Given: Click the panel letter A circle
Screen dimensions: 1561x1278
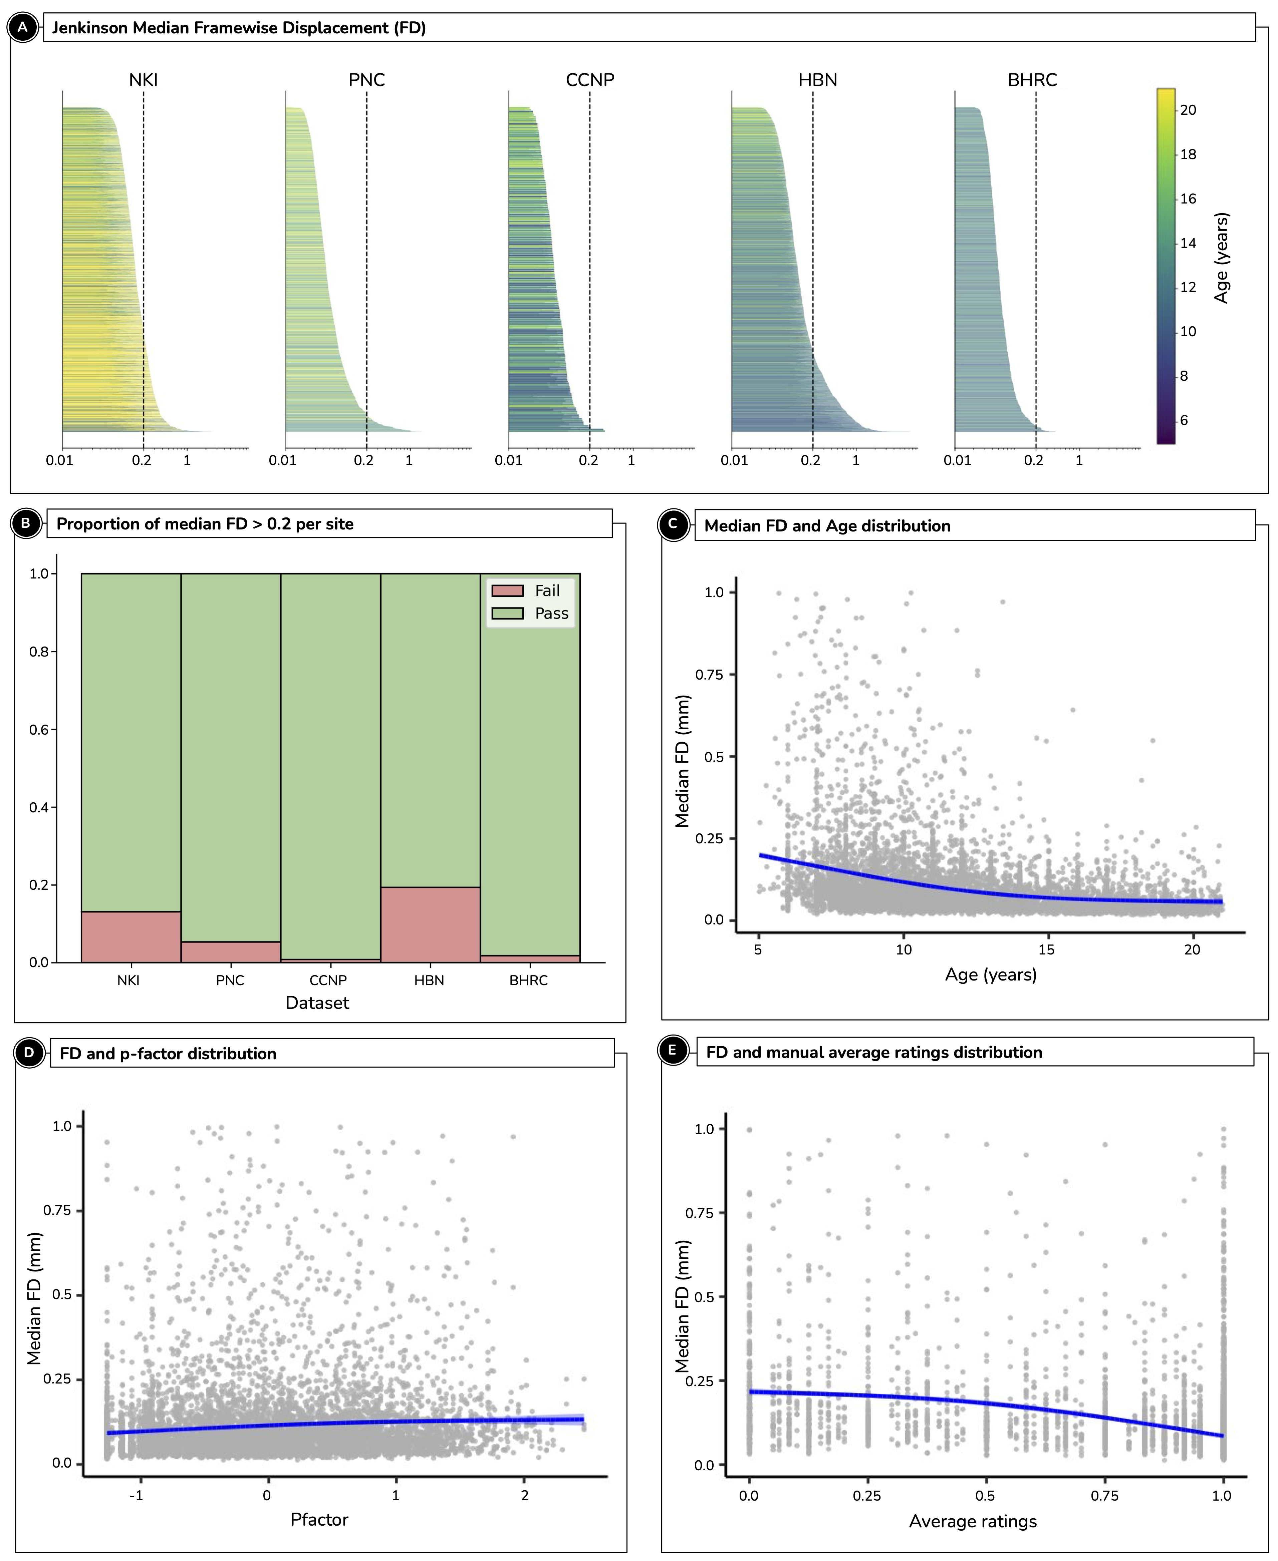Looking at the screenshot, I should pos(23,28).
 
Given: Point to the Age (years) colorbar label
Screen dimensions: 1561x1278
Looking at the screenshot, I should pos(1221,258).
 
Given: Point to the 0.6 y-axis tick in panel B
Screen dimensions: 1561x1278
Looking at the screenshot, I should pos(39,729).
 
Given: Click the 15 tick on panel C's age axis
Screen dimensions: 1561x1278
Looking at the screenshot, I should pos(1046,949).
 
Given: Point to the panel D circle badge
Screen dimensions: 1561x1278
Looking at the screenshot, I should pos(29,1053).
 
